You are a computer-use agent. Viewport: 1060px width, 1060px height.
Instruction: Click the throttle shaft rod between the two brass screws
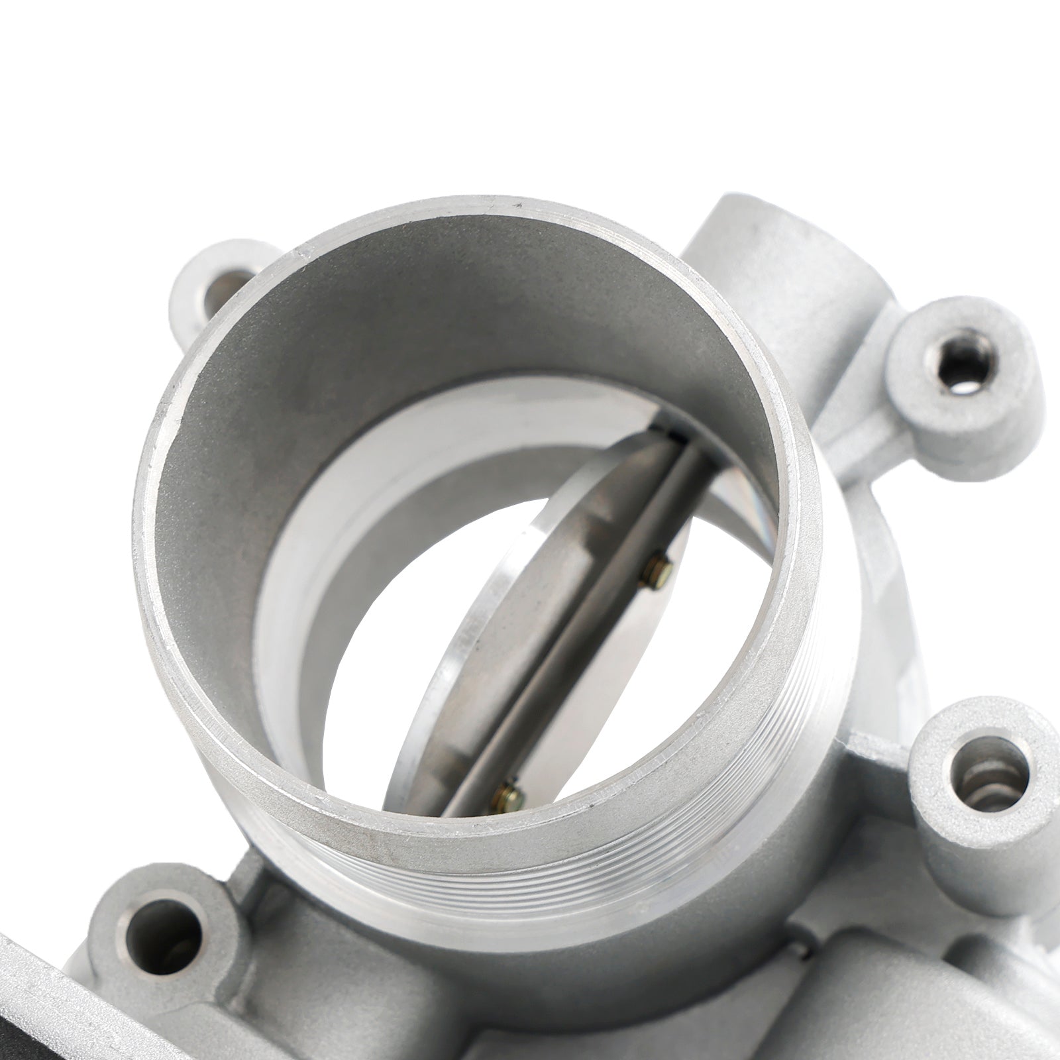583,676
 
